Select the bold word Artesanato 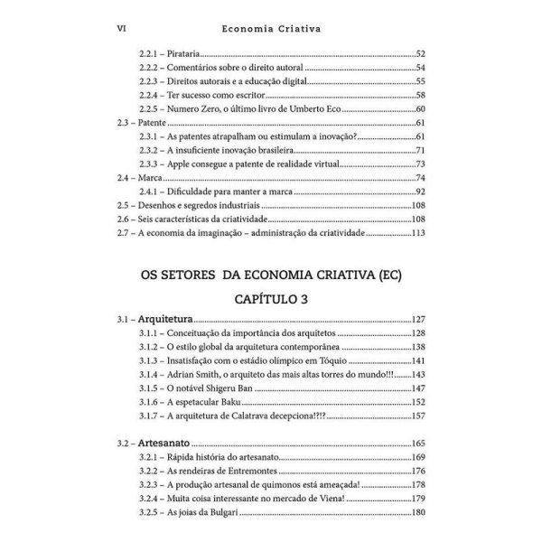click(168, 444)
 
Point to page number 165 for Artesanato click(417, 444)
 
